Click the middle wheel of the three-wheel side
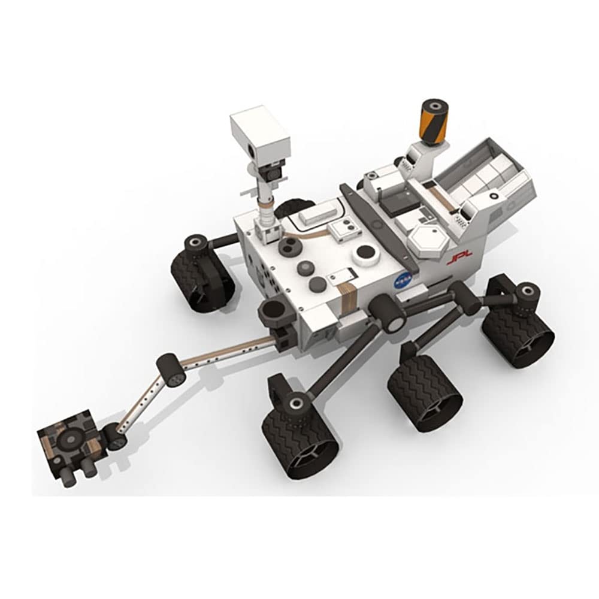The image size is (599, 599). [x=424, y=393]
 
